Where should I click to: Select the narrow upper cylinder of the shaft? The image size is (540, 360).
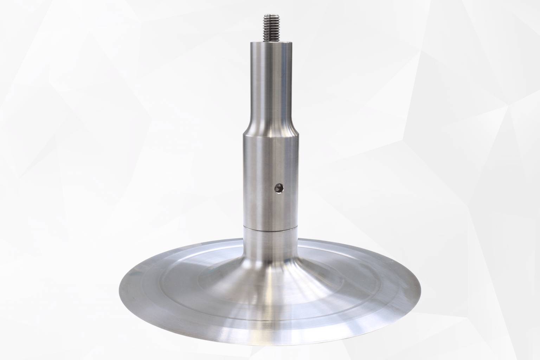270,77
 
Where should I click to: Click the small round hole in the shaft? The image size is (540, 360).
279,188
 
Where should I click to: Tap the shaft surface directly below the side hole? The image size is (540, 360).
279,211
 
